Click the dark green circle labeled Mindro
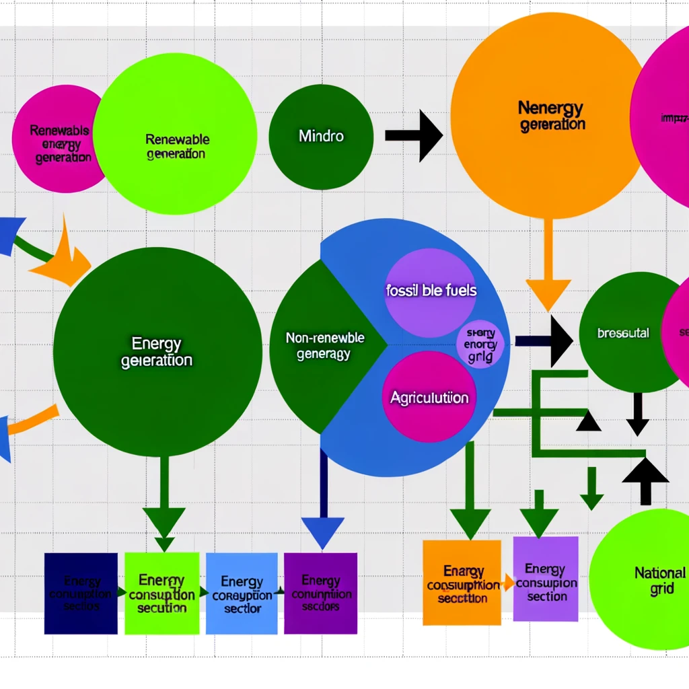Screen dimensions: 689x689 click(321, 137)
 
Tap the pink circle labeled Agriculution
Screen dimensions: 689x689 click(429, 397)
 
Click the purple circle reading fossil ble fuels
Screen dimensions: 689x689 click(431, 292)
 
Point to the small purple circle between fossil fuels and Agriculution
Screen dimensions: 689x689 click(480, 344)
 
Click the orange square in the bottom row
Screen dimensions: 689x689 click(462, 583)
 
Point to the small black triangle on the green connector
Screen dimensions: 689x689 click(588, 421)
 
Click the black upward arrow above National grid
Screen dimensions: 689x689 click(645, 478)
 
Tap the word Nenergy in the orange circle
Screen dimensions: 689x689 click(550, 107)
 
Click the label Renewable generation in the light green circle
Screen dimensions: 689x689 click(177, 146)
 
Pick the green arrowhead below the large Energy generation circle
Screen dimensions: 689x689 click(164, 523)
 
